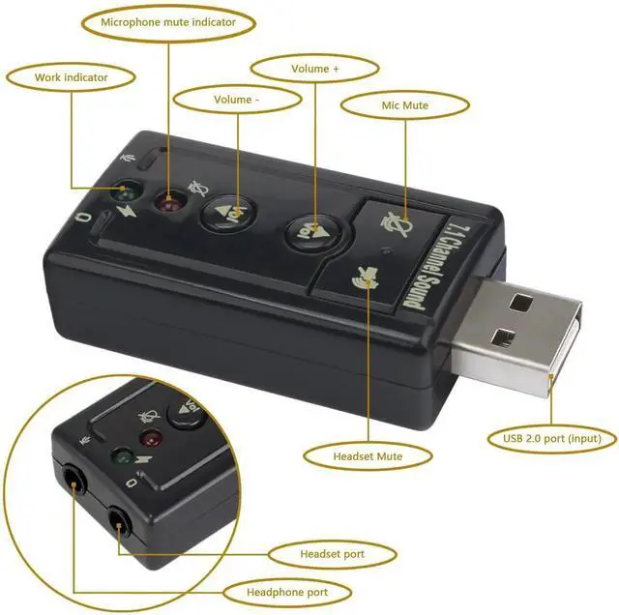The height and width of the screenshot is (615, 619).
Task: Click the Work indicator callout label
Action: [71, 77]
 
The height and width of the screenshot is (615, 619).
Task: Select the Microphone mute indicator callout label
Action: [168, 22]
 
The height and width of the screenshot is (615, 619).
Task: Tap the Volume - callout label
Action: [236, 100]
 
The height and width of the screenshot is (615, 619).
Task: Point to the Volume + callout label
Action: [314, 69]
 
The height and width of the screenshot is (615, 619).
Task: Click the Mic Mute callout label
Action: [404, 105]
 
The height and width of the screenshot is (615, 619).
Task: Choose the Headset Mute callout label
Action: [368, 456]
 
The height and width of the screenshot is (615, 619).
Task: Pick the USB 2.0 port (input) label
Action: [552, 439]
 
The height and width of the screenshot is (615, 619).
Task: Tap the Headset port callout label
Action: [332, 554]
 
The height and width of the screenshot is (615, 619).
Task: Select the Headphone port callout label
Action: [287, 592]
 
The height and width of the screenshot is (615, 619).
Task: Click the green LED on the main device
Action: [127, 192]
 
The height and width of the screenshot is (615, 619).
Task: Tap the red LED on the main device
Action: [170, 203]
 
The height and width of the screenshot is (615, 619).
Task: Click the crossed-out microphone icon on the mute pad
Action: [398, 224]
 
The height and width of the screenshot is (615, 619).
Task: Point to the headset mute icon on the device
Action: [366, 277]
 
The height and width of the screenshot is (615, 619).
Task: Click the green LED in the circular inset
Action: [123, 457]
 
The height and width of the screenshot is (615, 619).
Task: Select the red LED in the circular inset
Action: [151, 438]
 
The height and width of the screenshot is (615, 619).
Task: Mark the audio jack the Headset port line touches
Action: [119, 524]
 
